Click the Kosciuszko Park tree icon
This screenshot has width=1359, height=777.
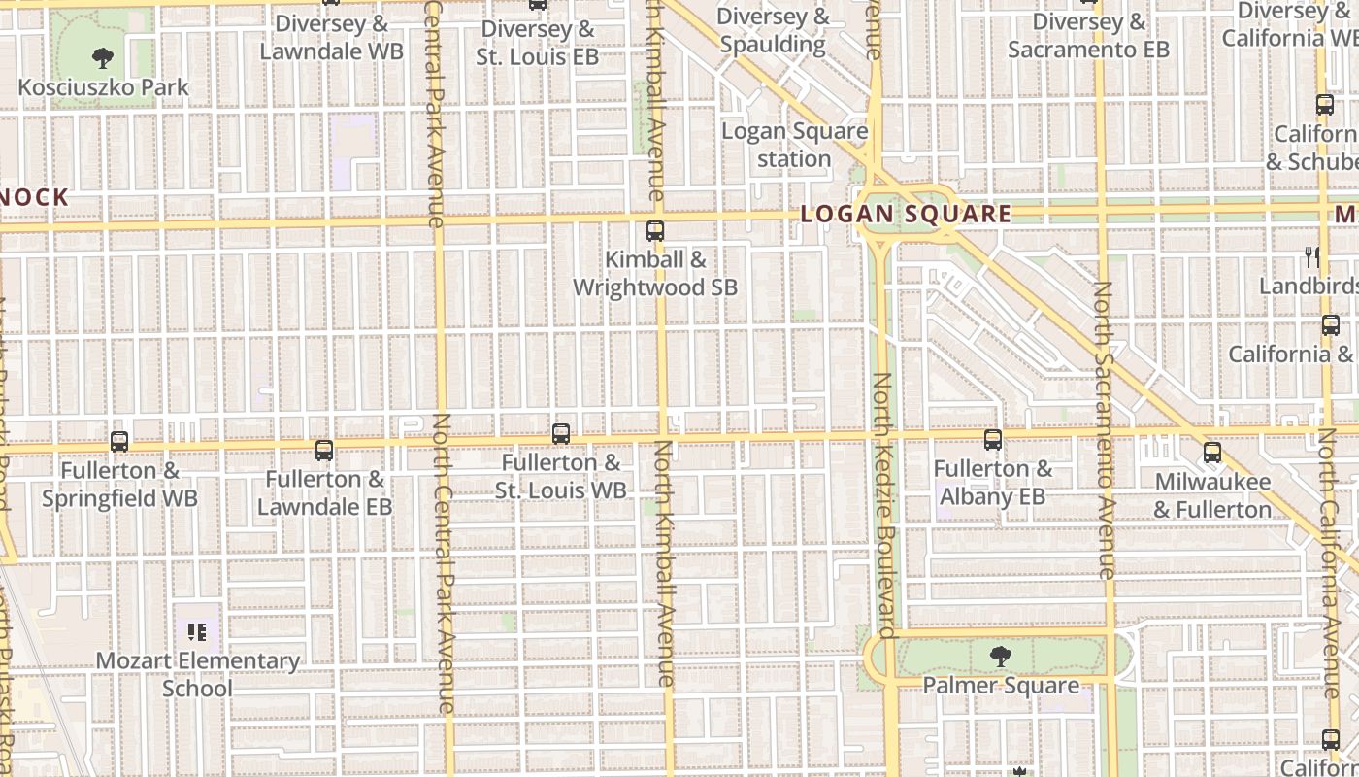point(102,58)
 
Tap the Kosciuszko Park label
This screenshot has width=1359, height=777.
point(103,87)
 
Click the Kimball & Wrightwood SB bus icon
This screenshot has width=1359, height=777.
point(655,231)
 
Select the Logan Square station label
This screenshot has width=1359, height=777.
point(794,145)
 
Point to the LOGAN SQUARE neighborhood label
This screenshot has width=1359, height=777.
point(906,215)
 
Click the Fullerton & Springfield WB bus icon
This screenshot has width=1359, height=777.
point(119,442)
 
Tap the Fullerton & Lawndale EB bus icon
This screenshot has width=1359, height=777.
point(324,451)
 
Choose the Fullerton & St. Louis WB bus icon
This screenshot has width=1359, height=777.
point(561,434)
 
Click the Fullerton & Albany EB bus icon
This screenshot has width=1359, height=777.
point(992,440)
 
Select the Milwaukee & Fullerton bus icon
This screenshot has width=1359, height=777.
point(1211,453)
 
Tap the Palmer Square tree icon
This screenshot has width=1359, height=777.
point(1000,658)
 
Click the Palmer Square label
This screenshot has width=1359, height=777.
point(1000,686)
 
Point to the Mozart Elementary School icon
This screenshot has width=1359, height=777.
point(198,633)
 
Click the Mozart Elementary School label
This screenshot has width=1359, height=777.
point(198,674)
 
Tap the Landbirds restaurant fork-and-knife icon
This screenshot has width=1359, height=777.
point(1312,257)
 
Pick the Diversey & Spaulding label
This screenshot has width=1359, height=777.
point(773,30)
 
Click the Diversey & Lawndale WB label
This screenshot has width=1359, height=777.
point(331,37)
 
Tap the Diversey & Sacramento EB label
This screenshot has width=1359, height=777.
point(1087,35)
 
